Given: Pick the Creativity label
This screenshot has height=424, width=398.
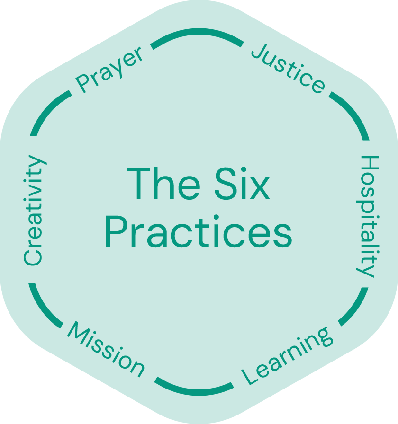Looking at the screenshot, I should [34, 211].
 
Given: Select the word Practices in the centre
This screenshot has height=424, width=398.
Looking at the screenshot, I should [199, 233].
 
